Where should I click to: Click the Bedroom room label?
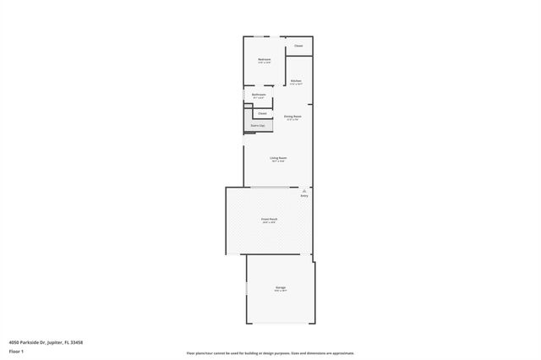(x=265, y=58)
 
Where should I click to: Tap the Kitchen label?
(x=296, y=81)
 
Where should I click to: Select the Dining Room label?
(x=293, y=116)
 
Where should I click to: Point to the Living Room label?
(x=278, y=158)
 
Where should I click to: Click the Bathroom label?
(x=259, y=95)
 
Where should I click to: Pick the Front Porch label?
(x=269, y=219)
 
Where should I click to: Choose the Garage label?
(x=280, y=287)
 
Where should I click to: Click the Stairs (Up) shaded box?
(x=257, y=126)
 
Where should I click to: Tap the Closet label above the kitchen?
(x=298, y=46)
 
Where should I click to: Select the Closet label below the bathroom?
(x=262, y=112)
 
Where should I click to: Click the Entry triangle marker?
(x=303, y=191)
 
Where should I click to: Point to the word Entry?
(x=303, y=196)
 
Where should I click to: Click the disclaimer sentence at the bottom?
(x=270, y=353)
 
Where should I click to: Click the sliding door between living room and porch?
(x=269, y=187)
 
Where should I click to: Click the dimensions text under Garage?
(x=280, y=292)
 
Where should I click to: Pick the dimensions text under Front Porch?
(x=269, y=223)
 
